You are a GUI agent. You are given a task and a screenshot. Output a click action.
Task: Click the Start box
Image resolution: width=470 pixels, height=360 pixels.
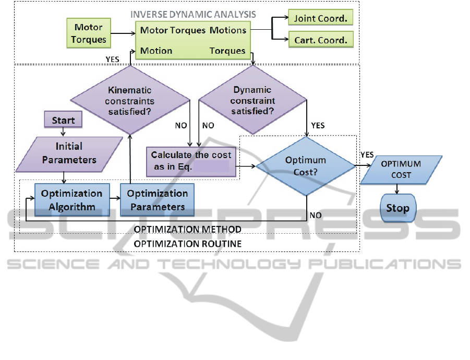(x=63, y=121)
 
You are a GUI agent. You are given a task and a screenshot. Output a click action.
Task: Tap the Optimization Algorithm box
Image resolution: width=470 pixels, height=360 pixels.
(x=72, y=200)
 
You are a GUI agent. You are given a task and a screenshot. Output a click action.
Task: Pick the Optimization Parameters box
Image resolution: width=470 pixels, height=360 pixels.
(x=157, y=200)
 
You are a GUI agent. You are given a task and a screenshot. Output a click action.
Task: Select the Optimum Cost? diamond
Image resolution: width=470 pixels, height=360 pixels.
(x=306, y=166)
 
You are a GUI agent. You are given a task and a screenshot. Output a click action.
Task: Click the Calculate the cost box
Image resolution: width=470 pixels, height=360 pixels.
(x=191, y=161)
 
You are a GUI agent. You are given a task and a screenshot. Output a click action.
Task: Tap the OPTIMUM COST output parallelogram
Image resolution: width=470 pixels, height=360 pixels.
(x=401, y=170)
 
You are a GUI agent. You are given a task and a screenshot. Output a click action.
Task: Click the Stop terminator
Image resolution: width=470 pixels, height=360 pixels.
(x=397, y=208)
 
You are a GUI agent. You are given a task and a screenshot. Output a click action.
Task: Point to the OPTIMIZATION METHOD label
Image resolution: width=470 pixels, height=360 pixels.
(x=187, y=230)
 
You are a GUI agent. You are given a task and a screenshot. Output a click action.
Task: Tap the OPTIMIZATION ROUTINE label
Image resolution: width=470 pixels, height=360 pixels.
(x=187, y=244)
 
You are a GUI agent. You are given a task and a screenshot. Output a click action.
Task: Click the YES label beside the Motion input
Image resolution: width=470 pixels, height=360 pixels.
(x=113, y=59)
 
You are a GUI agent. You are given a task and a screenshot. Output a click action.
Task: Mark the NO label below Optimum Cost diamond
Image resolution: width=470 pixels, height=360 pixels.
(x=315, y=215)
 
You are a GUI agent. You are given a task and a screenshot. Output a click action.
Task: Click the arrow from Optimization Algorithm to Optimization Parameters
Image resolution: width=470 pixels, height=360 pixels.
(x=115, y=198)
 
